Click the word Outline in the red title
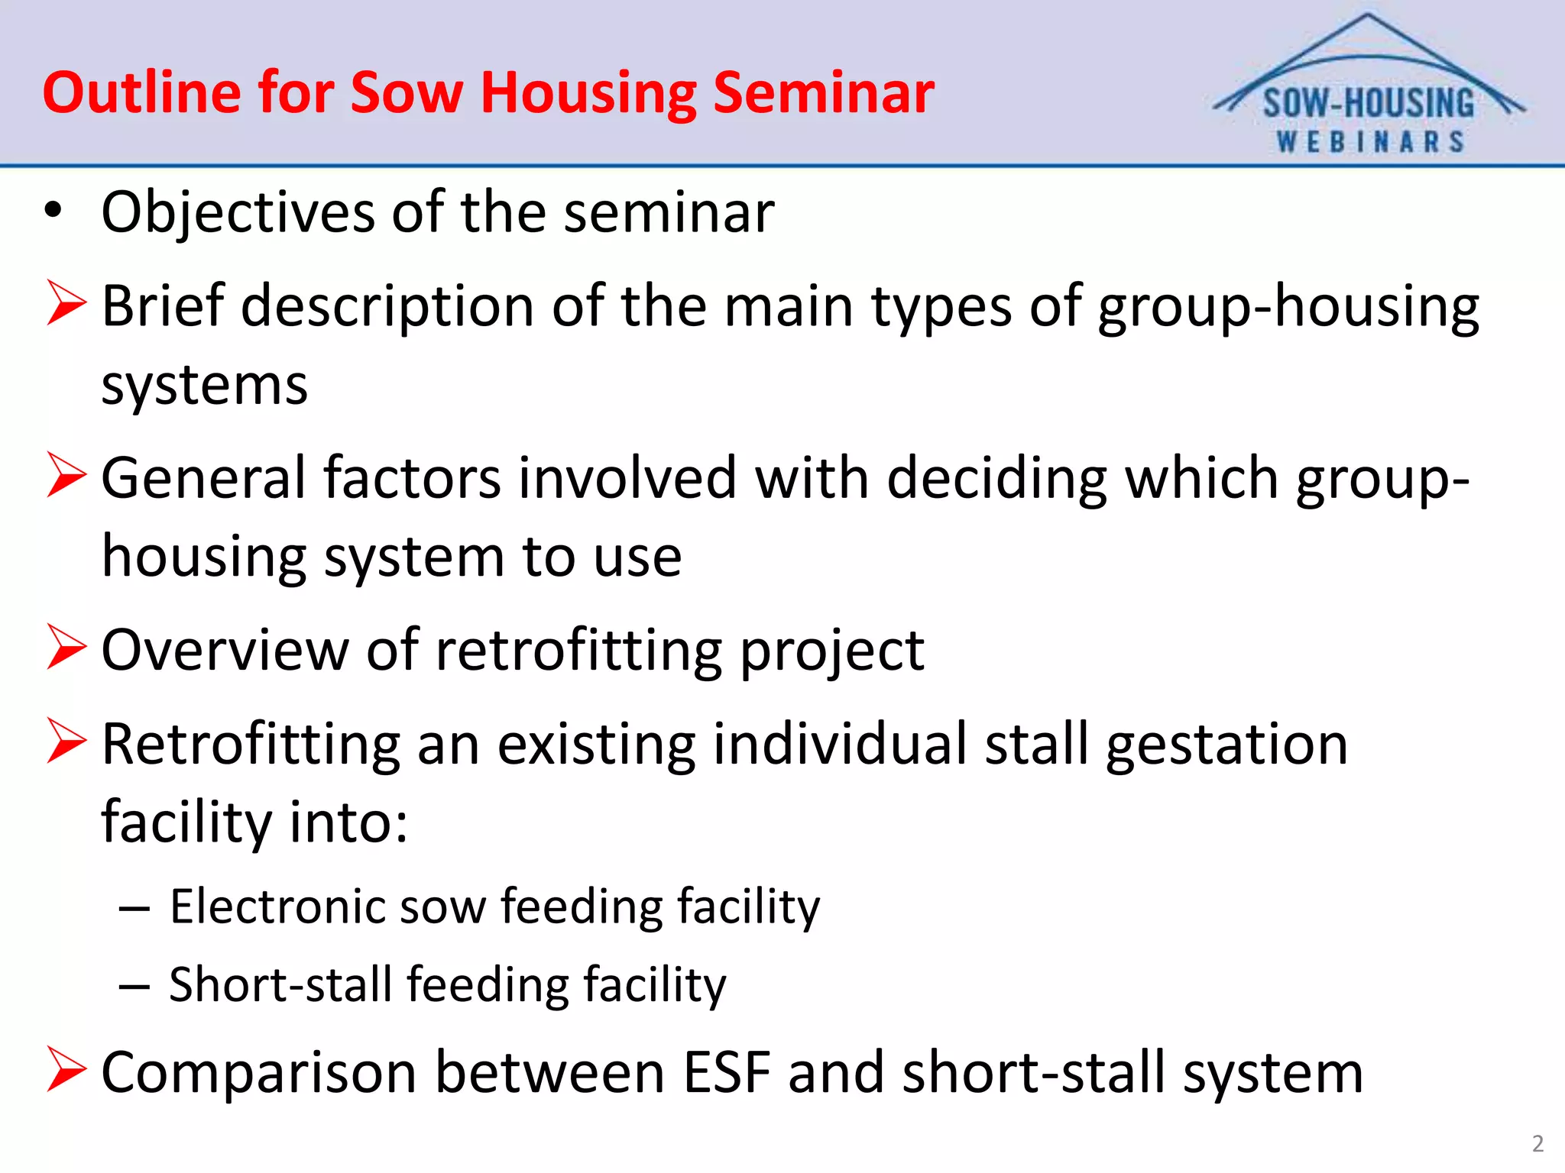(141, 92)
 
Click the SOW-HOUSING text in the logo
(1368, 104)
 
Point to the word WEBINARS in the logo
(1369, 142)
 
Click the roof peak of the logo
(1367, 17)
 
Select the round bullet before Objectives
(52, 210)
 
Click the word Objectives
(238, 212)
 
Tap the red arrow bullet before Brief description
(66, 303)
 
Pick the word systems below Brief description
(204, 386)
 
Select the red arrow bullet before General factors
(66, 475)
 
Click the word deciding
(996, 479)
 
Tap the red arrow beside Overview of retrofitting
(66, 647)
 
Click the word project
(832, 651)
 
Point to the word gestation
(1226, 745)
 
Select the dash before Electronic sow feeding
(134, 909)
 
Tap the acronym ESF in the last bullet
(726, 1072)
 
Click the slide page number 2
(1537, 1143)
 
